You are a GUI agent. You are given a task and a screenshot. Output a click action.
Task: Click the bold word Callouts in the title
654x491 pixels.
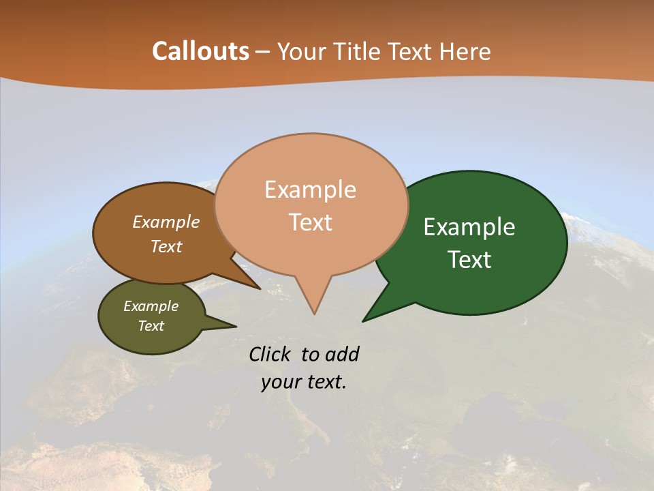(x=200, y=51)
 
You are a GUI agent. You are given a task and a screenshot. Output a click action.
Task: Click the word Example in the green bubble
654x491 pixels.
(x=469, y=227)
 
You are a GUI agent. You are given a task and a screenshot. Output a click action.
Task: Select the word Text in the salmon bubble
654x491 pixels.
(x=311, y=222)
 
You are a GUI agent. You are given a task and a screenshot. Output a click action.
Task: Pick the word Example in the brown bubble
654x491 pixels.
(x=166, y=222)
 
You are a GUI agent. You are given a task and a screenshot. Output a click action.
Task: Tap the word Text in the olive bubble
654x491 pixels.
(x=151, y=326)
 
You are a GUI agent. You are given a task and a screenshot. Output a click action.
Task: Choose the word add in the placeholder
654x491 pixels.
(x=341, y=354)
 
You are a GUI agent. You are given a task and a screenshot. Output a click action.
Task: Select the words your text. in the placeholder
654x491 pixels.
(x=304, y=382)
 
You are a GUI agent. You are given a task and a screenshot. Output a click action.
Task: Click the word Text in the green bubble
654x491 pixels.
(x=469, y=260)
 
